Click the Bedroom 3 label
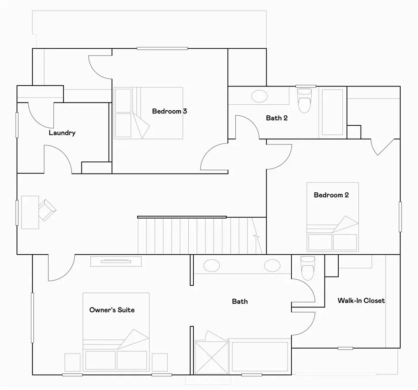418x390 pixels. (170, 111)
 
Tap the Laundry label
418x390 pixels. (62, 133)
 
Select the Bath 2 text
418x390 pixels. (277, 118)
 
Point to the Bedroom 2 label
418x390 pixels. (331, 195)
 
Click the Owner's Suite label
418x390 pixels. (112, 310)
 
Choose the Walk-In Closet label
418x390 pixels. (361, 301)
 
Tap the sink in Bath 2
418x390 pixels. (260, 96)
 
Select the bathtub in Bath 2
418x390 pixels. (332, 112)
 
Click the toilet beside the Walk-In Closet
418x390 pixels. (308, 268)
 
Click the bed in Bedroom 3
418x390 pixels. (149, 113)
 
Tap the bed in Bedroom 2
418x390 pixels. (333, 217)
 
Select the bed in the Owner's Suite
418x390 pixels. (116, 332)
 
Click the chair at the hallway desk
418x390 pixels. (47, 210)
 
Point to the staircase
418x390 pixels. (202, 236)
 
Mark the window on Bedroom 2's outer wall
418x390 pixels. (400, 216)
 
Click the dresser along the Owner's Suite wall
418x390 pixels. (116, 262)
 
